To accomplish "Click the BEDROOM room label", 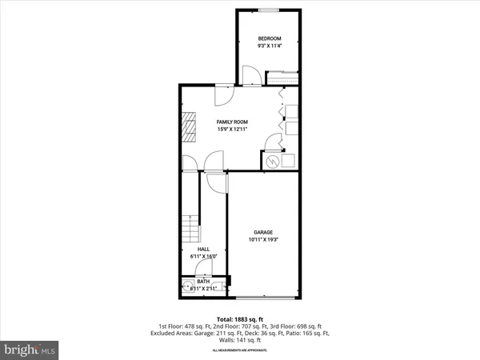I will coord(269,38).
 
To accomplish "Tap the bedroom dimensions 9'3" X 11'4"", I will coord(269,46).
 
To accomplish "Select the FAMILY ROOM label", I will coord(233,122).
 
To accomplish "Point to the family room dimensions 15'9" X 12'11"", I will coord(233,130).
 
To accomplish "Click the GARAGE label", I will coord(265,232).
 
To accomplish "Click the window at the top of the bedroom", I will coord(269,10).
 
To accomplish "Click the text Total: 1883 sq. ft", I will coord(240,319).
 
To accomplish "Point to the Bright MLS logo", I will coord(30,350).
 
